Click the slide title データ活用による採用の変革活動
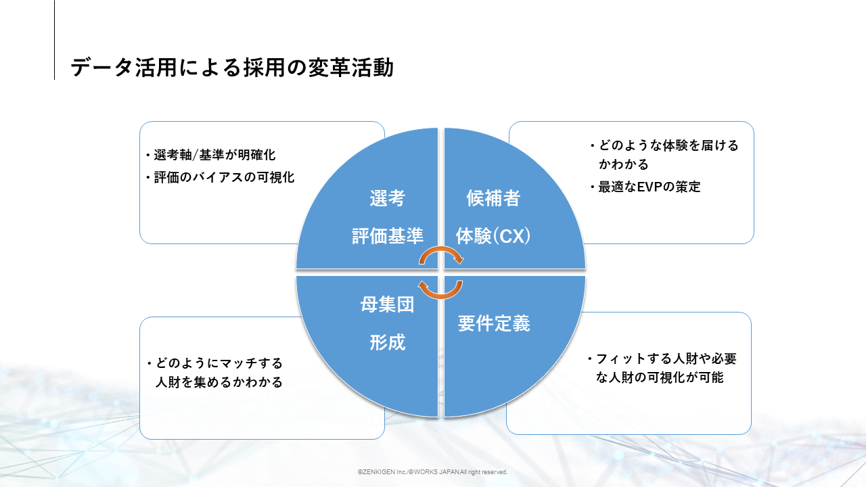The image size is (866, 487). tap(232, 68)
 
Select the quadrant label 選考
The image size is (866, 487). tap(387, 198)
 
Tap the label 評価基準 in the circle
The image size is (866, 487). tap(387, 235)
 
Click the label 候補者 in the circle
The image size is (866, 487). tap(493, 198)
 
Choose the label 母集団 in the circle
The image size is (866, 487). tap(387, 304)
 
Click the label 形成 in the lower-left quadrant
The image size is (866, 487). tap(387, 342)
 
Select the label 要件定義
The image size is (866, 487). tap(493, 323)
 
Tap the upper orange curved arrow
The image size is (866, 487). tap(440, 255)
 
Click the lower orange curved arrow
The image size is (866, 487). tap(440, 290)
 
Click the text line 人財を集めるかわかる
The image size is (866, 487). tap(219, 382)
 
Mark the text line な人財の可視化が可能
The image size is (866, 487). tap(660, 377)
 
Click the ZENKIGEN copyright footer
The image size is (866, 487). tap(432, 472)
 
